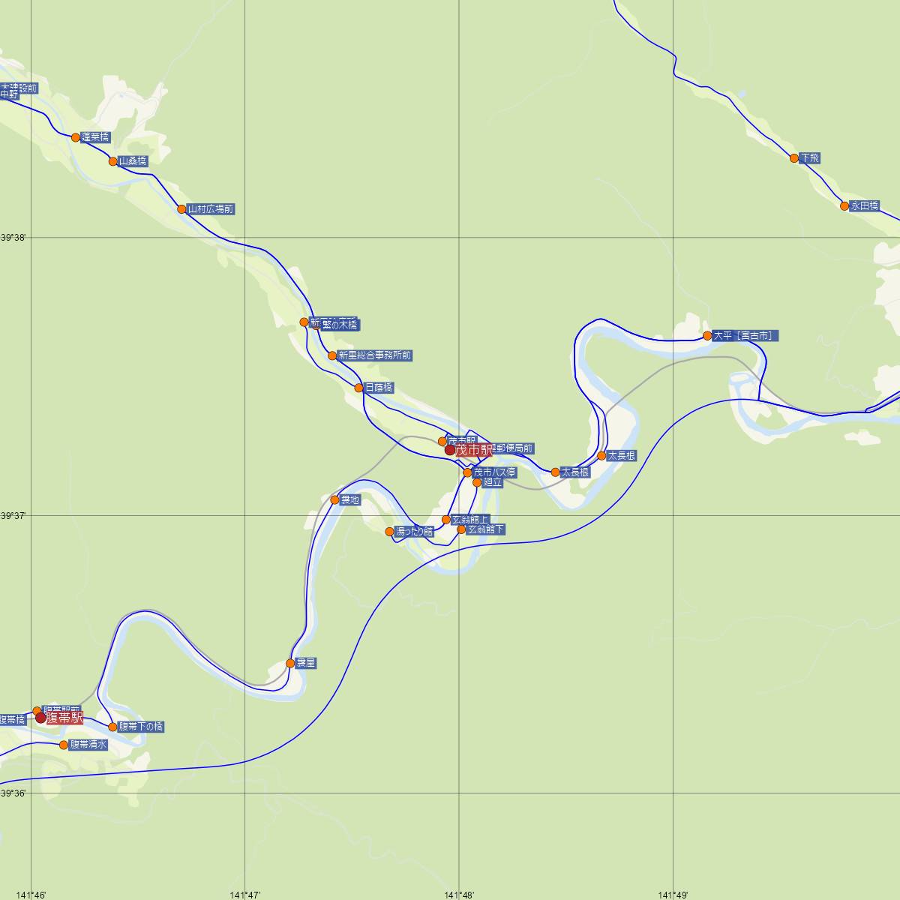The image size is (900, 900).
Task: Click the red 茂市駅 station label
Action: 473,450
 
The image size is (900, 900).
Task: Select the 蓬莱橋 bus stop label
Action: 95,137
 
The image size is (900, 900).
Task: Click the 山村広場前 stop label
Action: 211,209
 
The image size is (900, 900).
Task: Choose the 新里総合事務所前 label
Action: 374,355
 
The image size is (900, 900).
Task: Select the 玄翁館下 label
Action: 486,529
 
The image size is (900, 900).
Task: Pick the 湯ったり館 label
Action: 415,532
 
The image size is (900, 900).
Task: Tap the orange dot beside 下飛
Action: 794,157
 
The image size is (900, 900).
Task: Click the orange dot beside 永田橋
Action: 844,205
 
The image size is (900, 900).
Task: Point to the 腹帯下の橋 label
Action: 141,727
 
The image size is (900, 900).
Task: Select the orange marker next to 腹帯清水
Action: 64,745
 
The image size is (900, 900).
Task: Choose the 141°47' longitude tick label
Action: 245,895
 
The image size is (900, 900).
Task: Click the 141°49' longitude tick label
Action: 673,895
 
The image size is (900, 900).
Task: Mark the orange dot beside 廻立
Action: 477,482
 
